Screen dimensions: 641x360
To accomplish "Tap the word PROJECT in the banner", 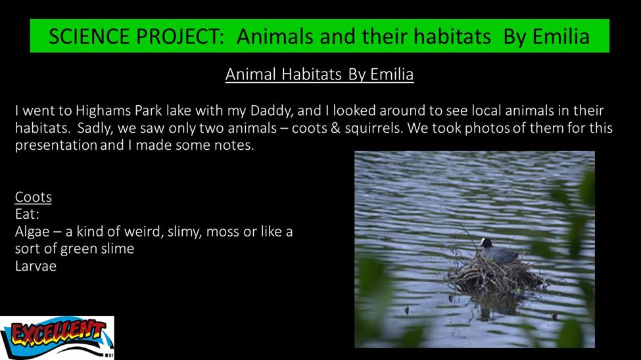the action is (180, 36).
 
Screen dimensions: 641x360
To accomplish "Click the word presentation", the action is (56, 145).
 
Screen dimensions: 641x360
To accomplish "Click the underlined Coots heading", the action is (33, 197).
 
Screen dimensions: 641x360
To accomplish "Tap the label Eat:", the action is (27, 214).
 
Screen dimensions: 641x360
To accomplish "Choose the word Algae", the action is (32, 232).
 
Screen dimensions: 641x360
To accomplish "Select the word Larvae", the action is (36, 266).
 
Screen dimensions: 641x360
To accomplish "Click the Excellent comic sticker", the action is (57, 338).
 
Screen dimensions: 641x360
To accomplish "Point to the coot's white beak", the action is (481, 244).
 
